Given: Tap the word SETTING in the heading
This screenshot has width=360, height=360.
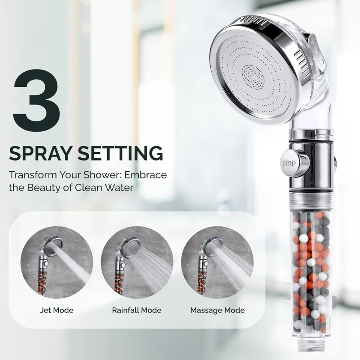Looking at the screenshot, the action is click(x=121, y=153).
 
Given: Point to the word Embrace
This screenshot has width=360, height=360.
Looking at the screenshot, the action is click(x=145, y=175).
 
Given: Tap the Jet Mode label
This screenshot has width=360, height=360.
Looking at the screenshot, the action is click(x=57, y=310).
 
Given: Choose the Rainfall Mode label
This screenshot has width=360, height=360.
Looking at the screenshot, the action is click(x=136, y=310).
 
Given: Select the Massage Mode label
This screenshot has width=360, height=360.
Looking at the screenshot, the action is click(x=217, y=310).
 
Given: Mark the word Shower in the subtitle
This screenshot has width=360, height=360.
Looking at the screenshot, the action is click(x=102, y=175).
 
